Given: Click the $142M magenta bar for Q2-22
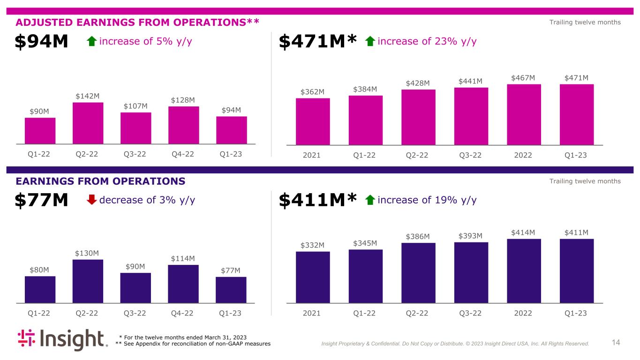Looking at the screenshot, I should click(x=88, y=123).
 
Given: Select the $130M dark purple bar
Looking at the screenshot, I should click(x=88, y=281).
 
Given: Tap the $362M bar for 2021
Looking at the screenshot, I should click(x=313, y=121).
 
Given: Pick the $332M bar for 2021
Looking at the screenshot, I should click(x=313, y=277).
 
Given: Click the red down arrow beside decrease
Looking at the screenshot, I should click(x=92, y=200).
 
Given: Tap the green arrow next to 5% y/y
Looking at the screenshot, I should click(x=92, y=41).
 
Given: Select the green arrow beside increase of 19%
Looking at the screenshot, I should click(x=370, y=200).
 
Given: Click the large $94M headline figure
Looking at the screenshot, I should click(x=42, y=42).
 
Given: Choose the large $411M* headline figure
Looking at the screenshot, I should click(x=318, y=201).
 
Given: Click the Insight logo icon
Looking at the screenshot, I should click(x=27, y=339).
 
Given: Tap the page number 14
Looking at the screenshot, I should click(x=616, y=343).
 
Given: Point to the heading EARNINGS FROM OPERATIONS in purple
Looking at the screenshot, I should click(x=100, y=181).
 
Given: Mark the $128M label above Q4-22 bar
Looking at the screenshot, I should click(x=182, y=100).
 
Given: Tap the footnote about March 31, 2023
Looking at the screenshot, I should click(x=183, y=337).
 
